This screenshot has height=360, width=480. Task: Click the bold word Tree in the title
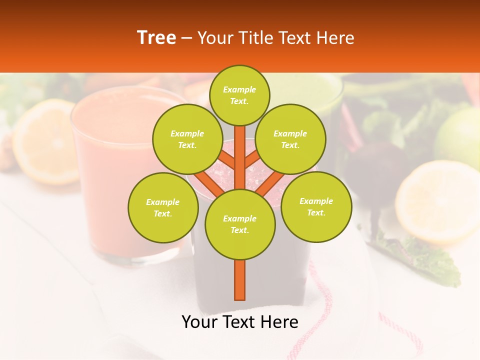tap(156, 38)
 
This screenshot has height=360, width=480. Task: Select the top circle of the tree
tap(239, 95)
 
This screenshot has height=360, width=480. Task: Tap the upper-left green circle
tap(187, 139)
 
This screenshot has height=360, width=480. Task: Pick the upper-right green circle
tap(290, 139)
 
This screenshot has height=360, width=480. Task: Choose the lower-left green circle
tap(163, 207)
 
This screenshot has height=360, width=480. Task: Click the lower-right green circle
tap(316, 206)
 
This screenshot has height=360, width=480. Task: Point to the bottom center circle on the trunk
tap(240, 224)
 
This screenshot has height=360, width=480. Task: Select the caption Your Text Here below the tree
tap(240, 322)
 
